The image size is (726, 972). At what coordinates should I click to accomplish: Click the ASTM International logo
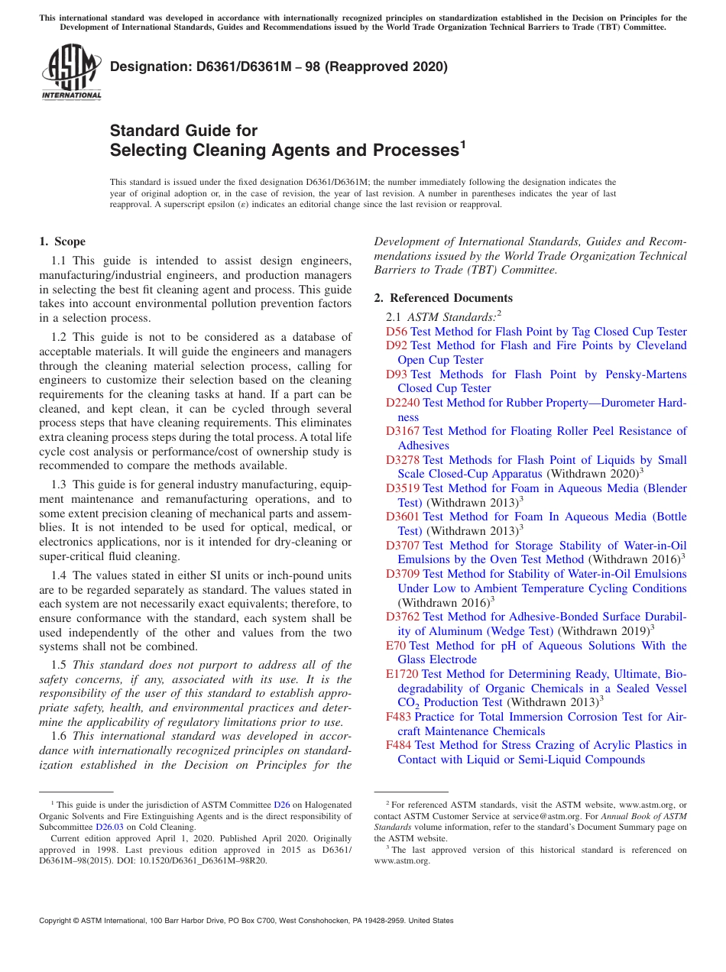(71, 72)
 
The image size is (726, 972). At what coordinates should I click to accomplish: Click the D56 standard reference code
(396, 332)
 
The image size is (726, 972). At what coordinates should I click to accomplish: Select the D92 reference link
(396, 346)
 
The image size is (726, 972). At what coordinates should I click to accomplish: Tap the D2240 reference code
(402, 403)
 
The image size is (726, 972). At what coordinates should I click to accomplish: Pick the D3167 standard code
(402, 431)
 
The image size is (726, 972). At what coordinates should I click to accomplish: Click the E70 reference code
(396, 646)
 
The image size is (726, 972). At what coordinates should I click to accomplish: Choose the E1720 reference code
(401, 674)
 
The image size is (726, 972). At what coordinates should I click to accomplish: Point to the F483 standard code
(398, 717)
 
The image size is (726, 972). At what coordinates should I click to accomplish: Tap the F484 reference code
(398, 745)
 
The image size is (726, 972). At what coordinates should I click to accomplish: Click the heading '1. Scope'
(62, 241)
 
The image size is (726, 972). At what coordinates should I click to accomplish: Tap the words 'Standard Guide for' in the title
(183, 131)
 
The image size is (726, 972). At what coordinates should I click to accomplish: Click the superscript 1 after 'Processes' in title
(462, 143)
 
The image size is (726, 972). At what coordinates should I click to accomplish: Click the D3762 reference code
(402, 617)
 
